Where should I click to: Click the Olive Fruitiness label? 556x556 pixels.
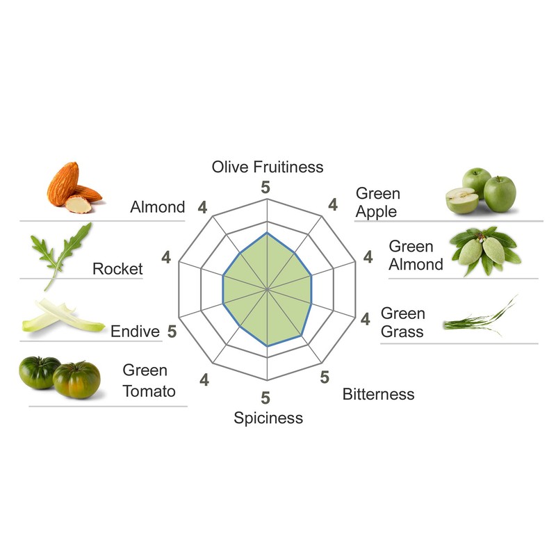(268, 167)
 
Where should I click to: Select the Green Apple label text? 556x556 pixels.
(377, 202)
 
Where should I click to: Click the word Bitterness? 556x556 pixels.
(378, 395)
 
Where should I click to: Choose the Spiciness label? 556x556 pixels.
(268, 418)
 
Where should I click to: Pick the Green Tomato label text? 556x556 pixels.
(149, 381)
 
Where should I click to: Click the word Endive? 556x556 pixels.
(135, 332)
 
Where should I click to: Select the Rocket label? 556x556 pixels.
(117, 269)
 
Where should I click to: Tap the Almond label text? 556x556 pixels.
(158, 207)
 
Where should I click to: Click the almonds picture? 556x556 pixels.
(73, 188)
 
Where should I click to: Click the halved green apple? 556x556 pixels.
(462, 201)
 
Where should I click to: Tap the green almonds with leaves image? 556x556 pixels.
(486, 250)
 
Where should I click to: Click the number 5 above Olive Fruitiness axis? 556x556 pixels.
(265, 186)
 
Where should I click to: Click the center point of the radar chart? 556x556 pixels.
(268, 288)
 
